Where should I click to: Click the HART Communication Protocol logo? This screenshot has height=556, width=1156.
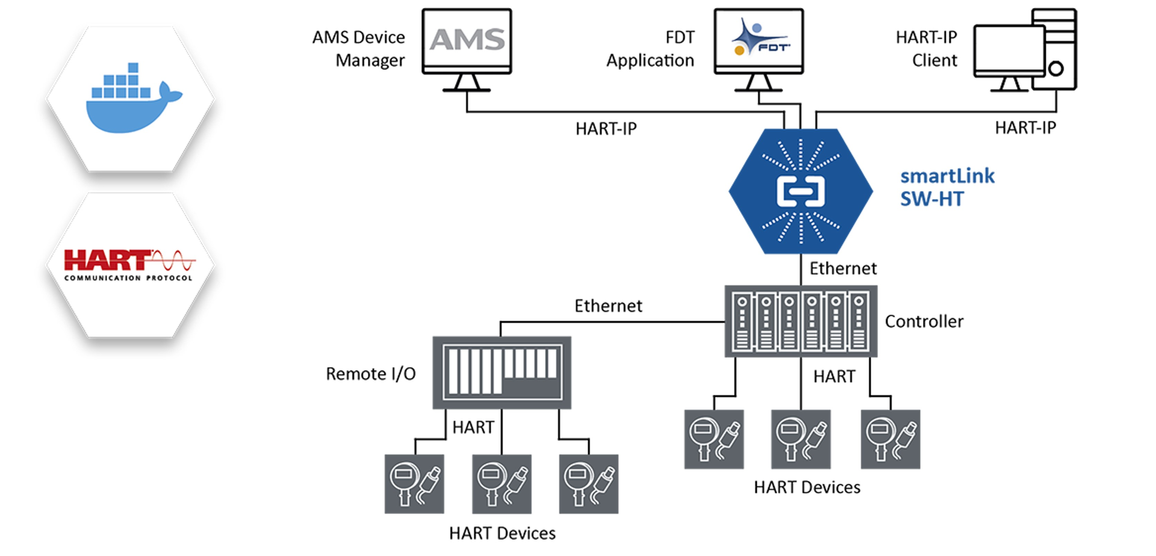(x=129, y=265)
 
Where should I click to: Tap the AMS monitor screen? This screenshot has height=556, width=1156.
(x=467, y=40)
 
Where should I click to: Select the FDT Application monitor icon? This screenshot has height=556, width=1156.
(x=759, y=40)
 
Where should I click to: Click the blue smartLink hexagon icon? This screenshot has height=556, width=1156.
(x=801, y=191)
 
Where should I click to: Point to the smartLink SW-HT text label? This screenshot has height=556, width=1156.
(x=946, y=187)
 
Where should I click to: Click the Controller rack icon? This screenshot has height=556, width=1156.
(x=801, y=321)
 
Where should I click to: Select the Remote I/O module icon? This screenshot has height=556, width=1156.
(x=502, y=372)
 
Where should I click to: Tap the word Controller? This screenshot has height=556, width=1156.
(x=924, y=321)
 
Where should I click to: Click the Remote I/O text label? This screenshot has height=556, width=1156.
(x=370, y=374)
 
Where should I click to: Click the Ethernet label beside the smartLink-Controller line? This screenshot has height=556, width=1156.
(x=843, y=268)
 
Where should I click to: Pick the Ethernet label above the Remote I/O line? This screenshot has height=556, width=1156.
(x=608, y=306)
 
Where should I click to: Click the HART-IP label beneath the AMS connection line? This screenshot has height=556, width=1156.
(x=606, y=129)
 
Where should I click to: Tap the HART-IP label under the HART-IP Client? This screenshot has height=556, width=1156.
(x=1025, y=128)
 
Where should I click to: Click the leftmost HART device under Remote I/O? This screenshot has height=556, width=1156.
(x=414, y=484)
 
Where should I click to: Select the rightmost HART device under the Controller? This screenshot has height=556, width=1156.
(x=890, y=439)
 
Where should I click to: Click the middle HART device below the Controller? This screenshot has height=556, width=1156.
(x=801, y=439)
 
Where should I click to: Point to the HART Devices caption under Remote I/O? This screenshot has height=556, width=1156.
(x=502, y=533)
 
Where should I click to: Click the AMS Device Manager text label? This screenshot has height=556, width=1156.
(x=359, y=49)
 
